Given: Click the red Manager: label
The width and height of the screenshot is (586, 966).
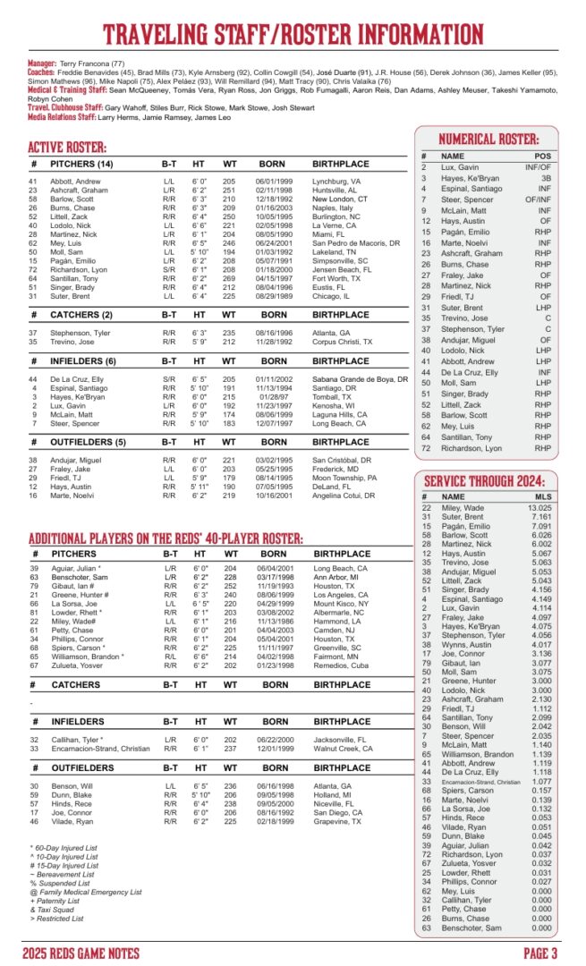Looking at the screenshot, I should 41,64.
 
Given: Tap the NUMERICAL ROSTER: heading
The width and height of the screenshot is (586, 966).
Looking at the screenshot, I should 488,140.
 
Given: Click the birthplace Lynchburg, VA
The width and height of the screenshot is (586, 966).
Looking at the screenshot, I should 336,182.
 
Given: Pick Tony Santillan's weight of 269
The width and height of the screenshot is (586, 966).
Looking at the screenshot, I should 229,278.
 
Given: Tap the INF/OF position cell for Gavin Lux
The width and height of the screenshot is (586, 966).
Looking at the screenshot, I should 538,167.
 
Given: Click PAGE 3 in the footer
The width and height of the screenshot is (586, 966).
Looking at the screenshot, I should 540,952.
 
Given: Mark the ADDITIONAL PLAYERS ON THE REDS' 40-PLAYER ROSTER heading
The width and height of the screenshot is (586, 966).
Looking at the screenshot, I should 166,539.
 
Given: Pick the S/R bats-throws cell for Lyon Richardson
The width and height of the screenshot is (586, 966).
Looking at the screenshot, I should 169,269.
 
